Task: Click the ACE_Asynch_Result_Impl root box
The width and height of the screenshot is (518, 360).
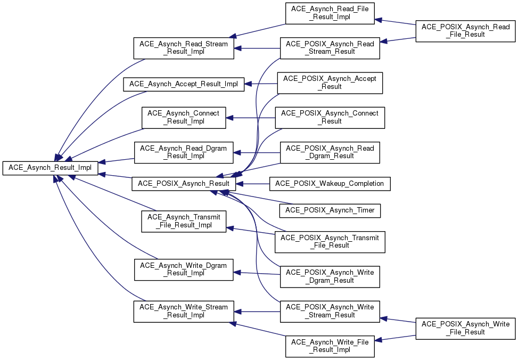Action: coord(50,168)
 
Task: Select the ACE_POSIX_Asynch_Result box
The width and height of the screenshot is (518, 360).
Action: coord(184,184)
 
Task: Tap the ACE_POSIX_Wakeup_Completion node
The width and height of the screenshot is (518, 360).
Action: coord(330,184)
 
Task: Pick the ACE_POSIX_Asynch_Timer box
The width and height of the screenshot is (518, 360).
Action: coord(330,210)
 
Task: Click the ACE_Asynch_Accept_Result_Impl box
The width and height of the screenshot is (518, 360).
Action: coord(184,84)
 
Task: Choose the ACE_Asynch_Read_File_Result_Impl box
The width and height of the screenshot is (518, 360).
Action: coord(330,13)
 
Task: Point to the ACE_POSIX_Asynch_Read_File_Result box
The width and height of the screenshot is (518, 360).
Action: coord(465,31)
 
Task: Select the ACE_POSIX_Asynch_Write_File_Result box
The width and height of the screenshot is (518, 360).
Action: coord(465,328)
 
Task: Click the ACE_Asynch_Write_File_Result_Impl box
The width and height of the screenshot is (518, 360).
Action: coord(330,346)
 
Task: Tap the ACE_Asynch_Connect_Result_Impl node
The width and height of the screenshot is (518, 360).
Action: coord(184,118)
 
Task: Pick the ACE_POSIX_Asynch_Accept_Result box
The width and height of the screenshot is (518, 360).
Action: coord(330,83)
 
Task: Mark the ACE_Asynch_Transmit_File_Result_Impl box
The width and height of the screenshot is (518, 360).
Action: coord(184,222)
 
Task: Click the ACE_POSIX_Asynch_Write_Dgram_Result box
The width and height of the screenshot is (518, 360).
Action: coord(330,277)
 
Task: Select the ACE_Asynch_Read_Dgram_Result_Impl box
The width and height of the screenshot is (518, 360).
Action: coord(184,152)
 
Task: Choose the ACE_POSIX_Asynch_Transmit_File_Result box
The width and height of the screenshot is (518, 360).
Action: coord(330,242)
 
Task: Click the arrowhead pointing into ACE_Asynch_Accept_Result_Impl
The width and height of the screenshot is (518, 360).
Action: coord(248,84)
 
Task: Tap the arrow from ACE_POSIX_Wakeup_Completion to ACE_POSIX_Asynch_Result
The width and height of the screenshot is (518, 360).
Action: coord(253,184)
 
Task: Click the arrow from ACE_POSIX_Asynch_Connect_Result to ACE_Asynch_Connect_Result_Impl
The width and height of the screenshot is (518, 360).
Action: coord(251,118)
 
